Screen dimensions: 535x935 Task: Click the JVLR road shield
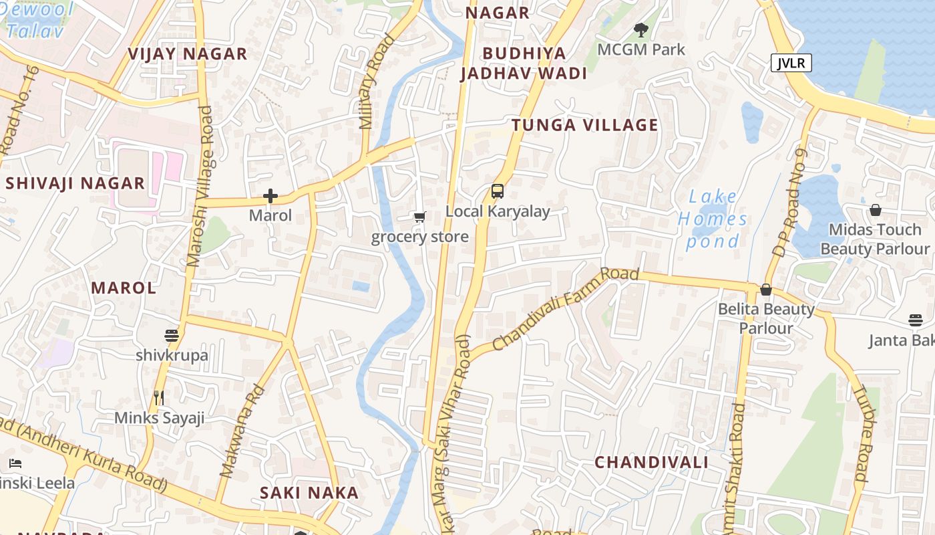(791, 63)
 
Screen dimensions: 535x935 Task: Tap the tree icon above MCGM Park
(640, 30)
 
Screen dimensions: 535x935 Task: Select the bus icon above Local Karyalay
(498, 191)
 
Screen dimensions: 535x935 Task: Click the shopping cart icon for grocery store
(419, 217)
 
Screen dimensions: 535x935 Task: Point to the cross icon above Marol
(270, 196)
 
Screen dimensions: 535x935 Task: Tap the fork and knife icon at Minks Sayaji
(159, 398)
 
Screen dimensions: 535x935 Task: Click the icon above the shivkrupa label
(172, 335)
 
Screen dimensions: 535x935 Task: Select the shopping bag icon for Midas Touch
(875, 210)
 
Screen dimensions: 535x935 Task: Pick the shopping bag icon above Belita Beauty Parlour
(766, 290)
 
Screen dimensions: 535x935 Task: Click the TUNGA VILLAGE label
(585, 125)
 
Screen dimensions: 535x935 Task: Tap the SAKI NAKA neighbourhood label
(309, 493)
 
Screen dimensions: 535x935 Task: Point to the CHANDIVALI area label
(651, 462)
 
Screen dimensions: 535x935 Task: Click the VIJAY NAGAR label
(188, 54)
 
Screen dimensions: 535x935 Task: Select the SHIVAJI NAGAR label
(75, 183)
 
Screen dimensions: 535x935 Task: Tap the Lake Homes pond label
(713, 219)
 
